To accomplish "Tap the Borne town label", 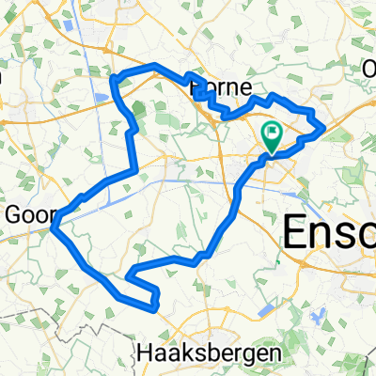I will point(220,87).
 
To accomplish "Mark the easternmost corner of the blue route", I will point(324,126).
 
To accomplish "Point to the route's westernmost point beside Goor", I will point(55,224).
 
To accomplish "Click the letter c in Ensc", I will point(364,231).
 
